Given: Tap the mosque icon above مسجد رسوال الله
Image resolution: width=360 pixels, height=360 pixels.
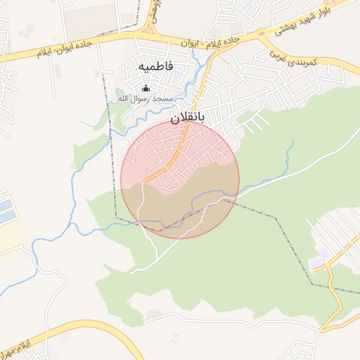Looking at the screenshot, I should (146, 88).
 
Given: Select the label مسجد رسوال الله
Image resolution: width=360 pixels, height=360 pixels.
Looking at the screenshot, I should (146, 98).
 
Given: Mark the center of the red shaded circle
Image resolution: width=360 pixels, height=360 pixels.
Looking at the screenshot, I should (180, 179).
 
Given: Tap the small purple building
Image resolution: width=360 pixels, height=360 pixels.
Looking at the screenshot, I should (322, 254).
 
